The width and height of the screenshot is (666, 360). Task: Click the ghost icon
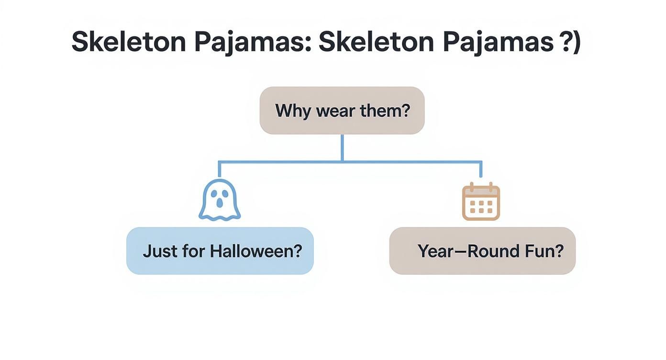(220, 200)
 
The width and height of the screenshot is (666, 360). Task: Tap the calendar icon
(481, 202)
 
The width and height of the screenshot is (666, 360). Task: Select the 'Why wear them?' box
(342, 111)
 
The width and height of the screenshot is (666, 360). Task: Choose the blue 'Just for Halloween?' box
(220, 251)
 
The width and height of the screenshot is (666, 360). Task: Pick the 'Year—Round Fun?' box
(482, 251)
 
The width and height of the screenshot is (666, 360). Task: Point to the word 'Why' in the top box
(290, 111)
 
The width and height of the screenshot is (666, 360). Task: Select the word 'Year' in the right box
(436, 251)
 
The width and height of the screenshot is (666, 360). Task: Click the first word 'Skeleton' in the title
(128, 42)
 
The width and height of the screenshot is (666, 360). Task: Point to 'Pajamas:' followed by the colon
(253, 42)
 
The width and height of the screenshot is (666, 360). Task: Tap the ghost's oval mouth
(220, 202)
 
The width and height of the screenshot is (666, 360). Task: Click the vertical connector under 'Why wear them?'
(342, 147)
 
